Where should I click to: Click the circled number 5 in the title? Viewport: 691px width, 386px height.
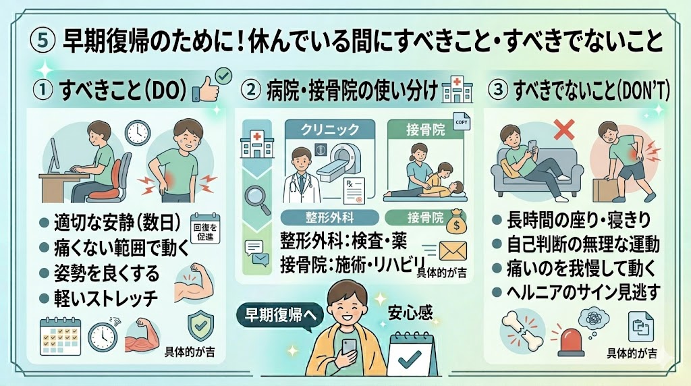click(43, 41)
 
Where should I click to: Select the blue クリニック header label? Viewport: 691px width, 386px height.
click(330, 130)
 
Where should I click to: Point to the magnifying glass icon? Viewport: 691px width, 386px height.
click(258, 199)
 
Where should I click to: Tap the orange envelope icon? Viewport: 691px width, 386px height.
click(453, 251)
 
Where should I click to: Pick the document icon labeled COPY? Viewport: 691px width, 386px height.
click(462, 121)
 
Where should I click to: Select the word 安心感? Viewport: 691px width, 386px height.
click(410, 313)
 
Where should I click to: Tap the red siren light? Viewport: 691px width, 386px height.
click(571, 341)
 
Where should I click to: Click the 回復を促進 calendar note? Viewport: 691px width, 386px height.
click(205, 228)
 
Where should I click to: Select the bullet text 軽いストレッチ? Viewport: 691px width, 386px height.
click(106, 299)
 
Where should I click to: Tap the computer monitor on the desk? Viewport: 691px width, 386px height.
click(54, 155)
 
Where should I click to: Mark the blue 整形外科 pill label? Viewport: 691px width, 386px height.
click(329, 217)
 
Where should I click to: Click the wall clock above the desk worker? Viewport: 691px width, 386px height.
click(138, 133)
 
